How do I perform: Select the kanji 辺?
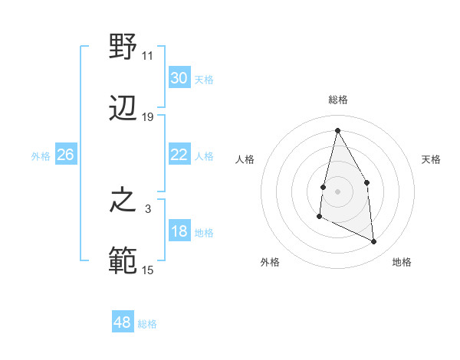[x=123, y=107]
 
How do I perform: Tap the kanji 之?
[x=123, y=201]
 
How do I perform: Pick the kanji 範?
[x=123, y=260]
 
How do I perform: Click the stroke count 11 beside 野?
[x=148, y=56]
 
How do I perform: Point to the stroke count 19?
[x=148, y=117]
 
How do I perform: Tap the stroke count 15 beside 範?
[x=148, y=270]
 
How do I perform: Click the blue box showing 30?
[x=179, y=78]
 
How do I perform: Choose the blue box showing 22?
[x=179, y=155]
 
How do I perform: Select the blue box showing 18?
[x=179, y=231]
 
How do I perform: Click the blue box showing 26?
[x=66, y=155]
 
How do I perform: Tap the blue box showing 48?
[x=123, y=322]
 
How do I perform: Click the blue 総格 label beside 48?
[x=147, y=324]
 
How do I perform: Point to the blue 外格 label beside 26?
[x=41, y=156]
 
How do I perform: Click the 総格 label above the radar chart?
[x=338, y=100]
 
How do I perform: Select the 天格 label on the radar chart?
[x=432, y=159]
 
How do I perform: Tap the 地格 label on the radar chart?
[x=402, y=263]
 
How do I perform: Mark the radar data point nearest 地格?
[x=374, y=241]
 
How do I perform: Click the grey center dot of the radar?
[x=338, y=190]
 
